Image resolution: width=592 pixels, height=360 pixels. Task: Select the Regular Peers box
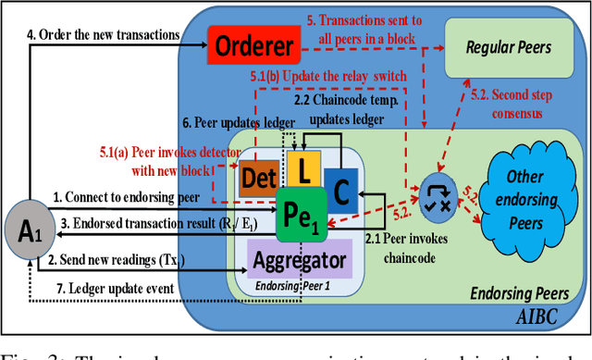pyautogui.click(x=509, y=46)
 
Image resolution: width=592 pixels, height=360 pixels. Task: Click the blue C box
pyautogui.click(x=340, y=190)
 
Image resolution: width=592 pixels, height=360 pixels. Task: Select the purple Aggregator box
pyautogui.click(x=299, y=261)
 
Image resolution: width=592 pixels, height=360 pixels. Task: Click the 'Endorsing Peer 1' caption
pyautogui.click(x=298, y=287)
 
